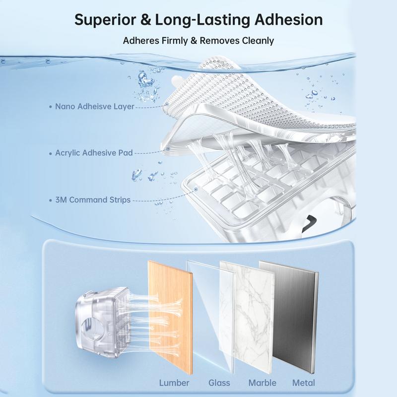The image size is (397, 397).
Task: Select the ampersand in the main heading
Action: pyautogui.click(x=145, y=20)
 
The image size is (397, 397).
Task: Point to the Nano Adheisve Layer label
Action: pyautogui.click(x=94, y=106)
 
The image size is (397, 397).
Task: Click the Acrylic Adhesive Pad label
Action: pyautogui.click(x=94, y=153)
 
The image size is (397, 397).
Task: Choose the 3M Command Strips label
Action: pyautogui.click(x=93, y=200)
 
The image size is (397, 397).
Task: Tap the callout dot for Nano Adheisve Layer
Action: pyautogui.click(x=167, y=104)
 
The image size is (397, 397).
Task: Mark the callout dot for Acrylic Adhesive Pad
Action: pyautogui.click(x=168, y=149)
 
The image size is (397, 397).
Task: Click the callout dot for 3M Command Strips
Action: pyautogui.click(x=196, y=189)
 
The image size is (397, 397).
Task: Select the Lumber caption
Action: pyautogui.click(x=174, y=383)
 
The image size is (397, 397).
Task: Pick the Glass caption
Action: pyautogui.click(x=219, y=383)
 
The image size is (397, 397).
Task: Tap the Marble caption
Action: pyautogui.click(x=263, y=383)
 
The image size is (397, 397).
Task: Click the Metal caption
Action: pyautogui.click(x=304, y=383)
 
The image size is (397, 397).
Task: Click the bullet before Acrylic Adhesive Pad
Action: pyautogui.click(x=51, y=153)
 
